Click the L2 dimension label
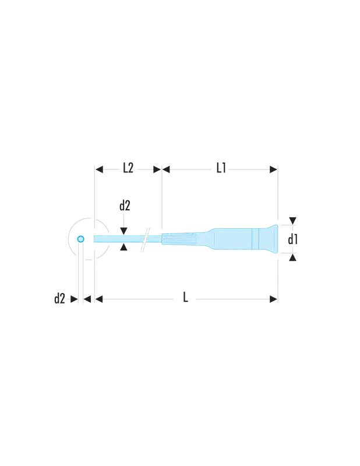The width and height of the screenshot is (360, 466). [x=128, y=168]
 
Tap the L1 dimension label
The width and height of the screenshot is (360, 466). [x=221, y=168]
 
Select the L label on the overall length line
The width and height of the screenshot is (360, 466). [x=185, y=297]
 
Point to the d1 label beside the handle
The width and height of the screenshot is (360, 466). [x=293, y=239]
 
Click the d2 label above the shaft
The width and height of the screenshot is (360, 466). [x=125, y=206]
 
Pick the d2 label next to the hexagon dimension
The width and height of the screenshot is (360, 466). [x=59, y=298]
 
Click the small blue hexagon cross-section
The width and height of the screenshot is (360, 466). [x=80, y=239]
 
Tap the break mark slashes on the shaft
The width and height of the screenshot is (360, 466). [x=145, y=240]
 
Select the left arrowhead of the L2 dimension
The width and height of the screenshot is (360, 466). [x=99, y=170]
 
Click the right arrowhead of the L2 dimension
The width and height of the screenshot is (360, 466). [x=157, y=170]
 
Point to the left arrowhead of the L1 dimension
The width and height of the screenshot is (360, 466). [x=166, y=170]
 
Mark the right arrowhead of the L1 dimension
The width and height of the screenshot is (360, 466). [x=273, y=170]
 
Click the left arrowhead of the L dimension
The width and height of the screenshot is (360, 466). [x=99, y=299]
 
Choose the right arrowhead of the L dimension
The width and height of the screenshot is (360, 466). [x=273, y=299]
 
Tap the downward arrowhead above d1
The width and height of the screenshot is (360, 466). [x=293, y=221]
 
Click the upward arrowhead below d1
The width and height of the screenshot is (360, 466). [x=293, y=257]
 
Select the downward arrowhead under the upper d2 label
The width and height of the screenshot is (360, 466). [x=123, y=231]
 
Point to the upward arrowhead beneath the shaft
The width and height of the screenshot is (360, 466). [x=123, y=246]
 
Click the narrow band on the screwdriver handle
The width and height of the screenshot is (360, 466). [x=255, y=239]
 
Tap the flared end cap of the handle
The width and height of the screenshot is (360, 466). [x=271, y=239]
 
